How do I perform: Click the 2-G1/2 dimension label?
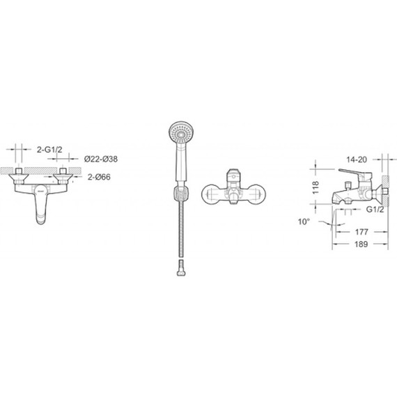point(49,150)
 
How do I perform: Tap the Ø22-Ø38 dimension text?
point(101,159)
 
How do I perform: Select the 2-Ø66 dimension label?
point(99,177)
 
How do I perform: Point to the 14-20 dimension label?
point(357,159)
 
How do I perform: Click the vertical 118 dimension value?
point(316,187)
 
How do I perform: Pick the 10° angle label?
point(304,221)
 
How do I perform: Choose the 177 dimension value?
point(361,232)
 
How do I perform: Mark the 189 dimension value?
point(361,244)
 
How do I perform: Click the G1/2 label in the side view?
point(375,210)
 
